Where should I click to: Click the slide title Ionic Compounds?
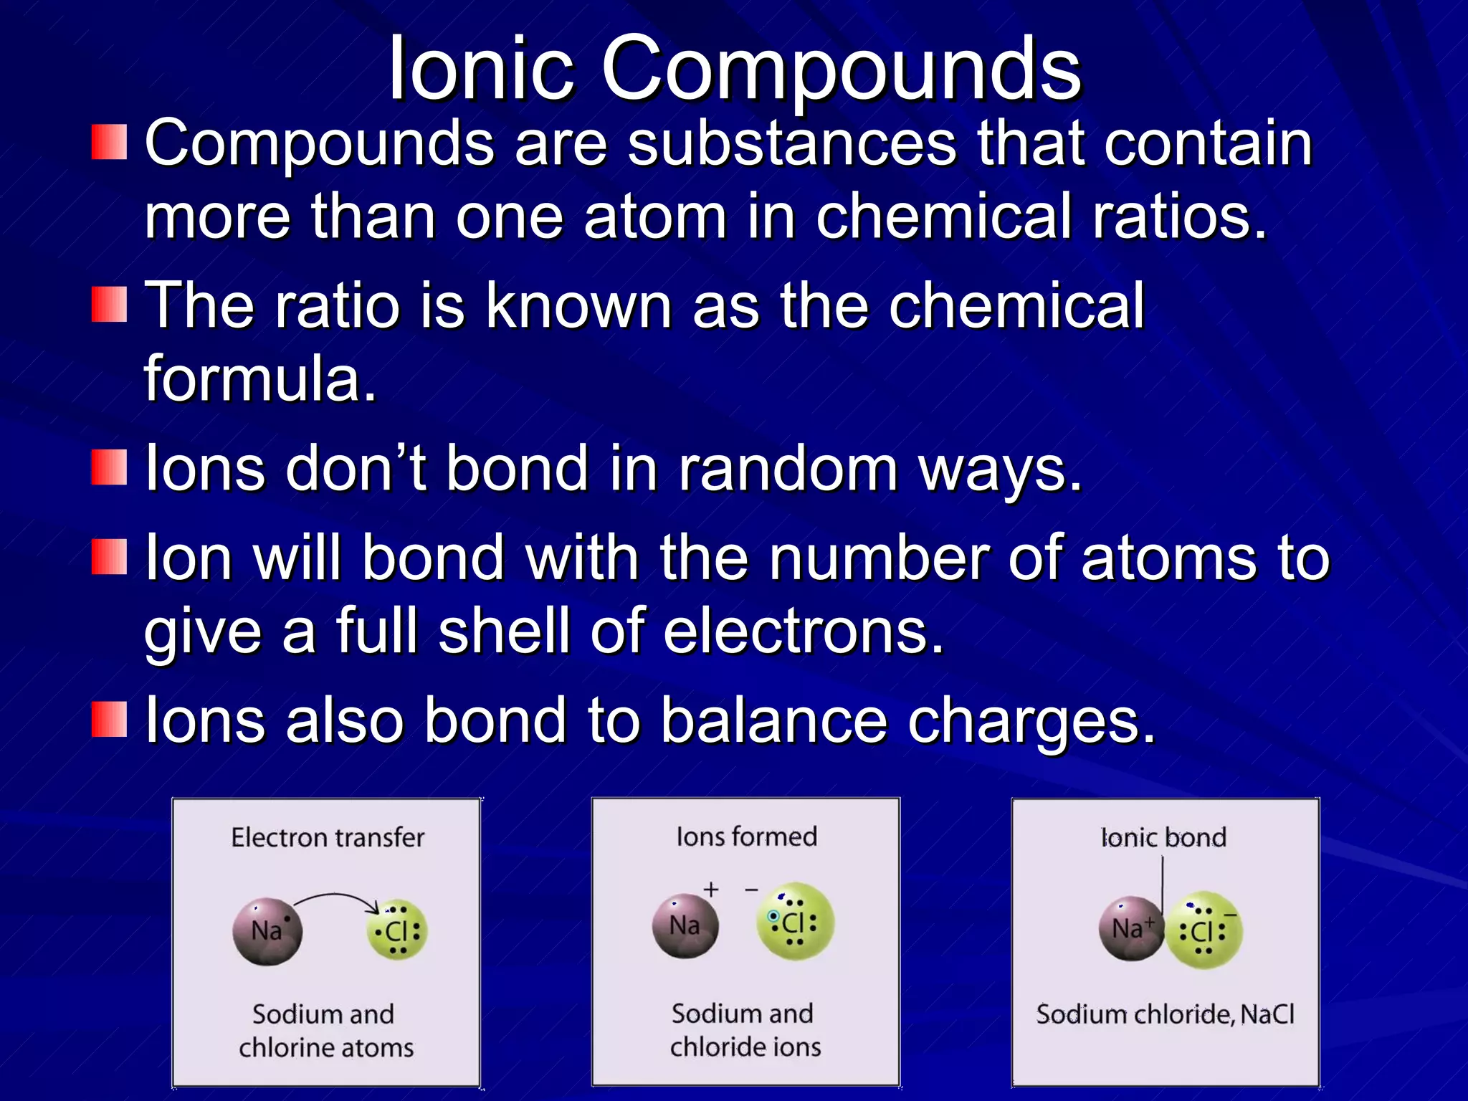pyautogui.click(x=734, y=70)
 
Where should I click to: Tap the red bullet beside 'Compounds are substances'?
pyautogui.click(x=109, y=142)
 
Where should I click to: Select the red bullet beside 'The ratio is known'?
pyautogui.click(x=109, y=305)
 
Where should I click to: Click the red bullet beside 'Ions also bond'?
pyautogui.click(x=109, y=720)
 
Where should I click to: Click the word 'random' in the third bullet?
pyautogui.click(x=788, y=468)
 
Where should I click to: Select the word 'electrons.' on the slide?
pyautogui.click(x=804, y=631)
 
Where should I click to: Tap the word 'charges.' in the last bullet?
pyautogui.click(x=1031, y=721)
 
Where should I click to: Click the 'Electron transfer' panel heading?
pyautogui.click(x=328, y=837)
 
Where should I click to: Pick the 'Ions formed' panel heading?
pyautogui.click(x=746, y=837)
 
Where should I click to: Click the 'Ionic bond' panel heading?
pyautogui.click(x=1163, y=837)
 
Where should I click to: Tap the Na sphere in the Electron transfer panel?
pyautogui.click(x=267, y=931)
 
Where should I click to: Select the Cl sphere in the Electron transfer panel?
pyautogui.click(x=397, y=931)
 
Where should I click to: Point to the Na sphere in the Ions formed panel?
pyautogui.click(x=685, y=925)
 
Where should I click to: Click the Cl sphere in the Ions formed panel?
pyautogui.click(x=795, y=922)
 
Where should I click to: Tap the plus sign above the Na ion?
pyautogui.click(x=710, y=890)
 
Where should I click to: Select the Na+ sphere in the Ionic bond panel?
pyautogui.click(x=1130, y=928)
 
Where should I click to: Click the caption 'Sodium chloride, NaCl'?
pyautogui.click(x=1165, y=1014)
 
